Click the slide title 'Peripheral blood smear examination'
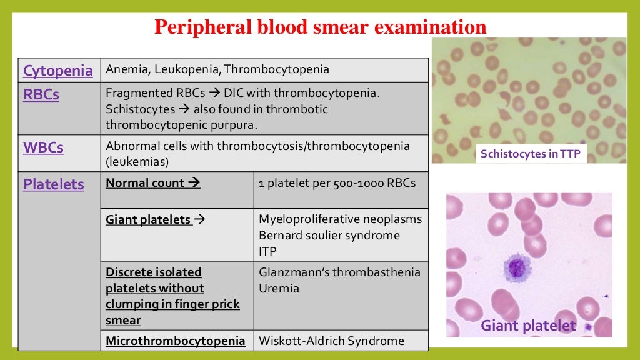tap(320, 27)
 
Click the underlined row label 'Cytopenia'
tap(57, 71)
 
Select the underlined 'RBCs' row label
tap(41, 94)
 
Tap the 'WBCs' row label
tap(43, 148)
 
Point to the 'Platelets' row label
tap(53, 184)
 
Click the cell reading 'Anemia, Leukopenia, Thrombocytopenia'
tap(217, 69)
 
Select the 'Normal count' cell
tap(152, 183)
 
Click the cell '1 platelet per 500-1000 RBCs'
tap(337, 183)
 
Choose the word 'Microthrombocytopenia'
tap(176, 341)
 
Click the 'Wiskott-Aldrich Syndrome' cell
tap(331, 341)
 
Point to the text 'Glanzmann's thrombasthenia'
tap(339, 272)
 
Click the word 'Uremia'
tap(279, 288)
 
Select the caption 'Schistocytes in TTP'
tap(531, 154)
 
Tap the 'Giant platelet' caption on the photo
tap(527, 326)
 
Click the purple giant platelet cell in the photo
tap(517, 267)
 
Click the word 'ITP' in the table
tap(267, 251)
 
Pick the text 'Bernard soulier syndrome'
tap(329, 236)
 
